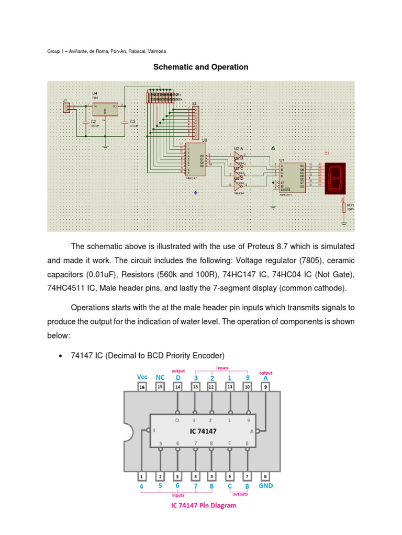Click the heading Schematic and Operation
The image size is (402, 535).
click(x=200, y=67)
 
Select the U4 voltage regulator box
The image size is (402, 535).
click(x=105, y=109)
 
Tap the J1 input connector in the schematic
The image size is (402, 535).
click(x=66, y=108)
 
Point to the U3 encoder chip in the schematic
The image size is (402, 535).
click(x=195, y=159)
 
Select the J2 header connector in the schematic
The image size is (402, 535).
click(x=195, y=120)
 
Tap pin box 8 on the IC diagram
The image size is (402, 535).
click(x=265, y=476)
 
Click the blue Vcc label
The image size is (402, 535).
click(x=142, y=377)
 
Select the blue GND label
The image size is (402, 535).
click(x=266, y=485)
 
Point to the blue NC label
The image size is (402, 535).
click(x=160, y=377)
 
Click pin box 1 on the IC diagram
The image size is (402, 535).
click(x=141, y=476)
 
